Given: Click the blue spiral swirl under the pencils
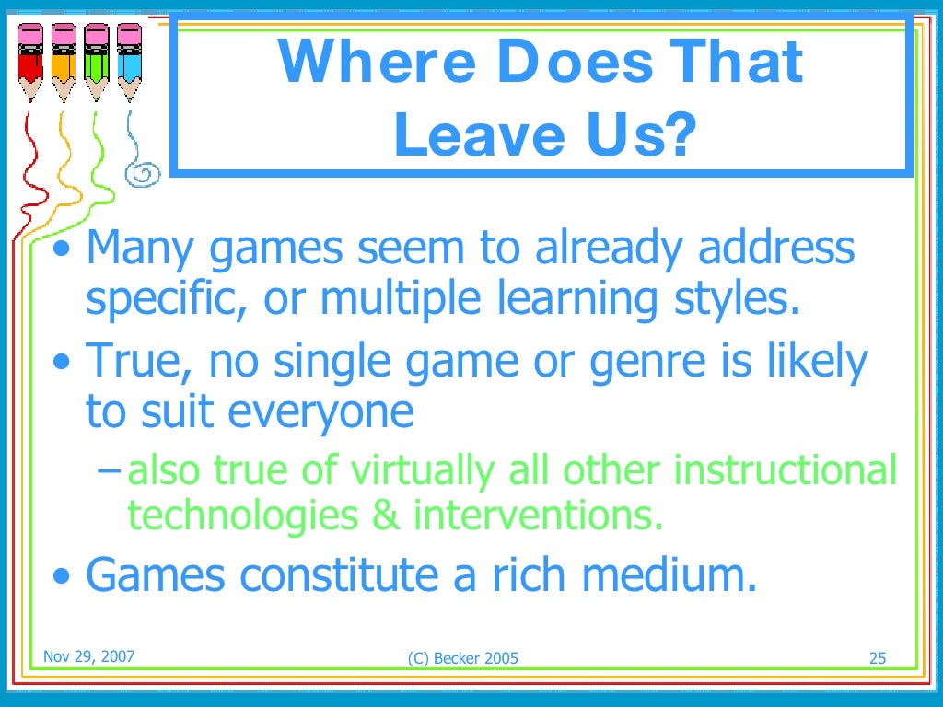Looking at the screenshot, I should pos(146,171).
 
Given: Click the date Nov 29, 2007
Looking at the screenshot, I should pos(88,656).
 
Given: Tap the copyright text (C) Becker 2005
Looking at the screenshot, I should pos(462,657).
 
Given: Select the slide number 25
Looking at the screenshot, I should pos(877,657).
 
